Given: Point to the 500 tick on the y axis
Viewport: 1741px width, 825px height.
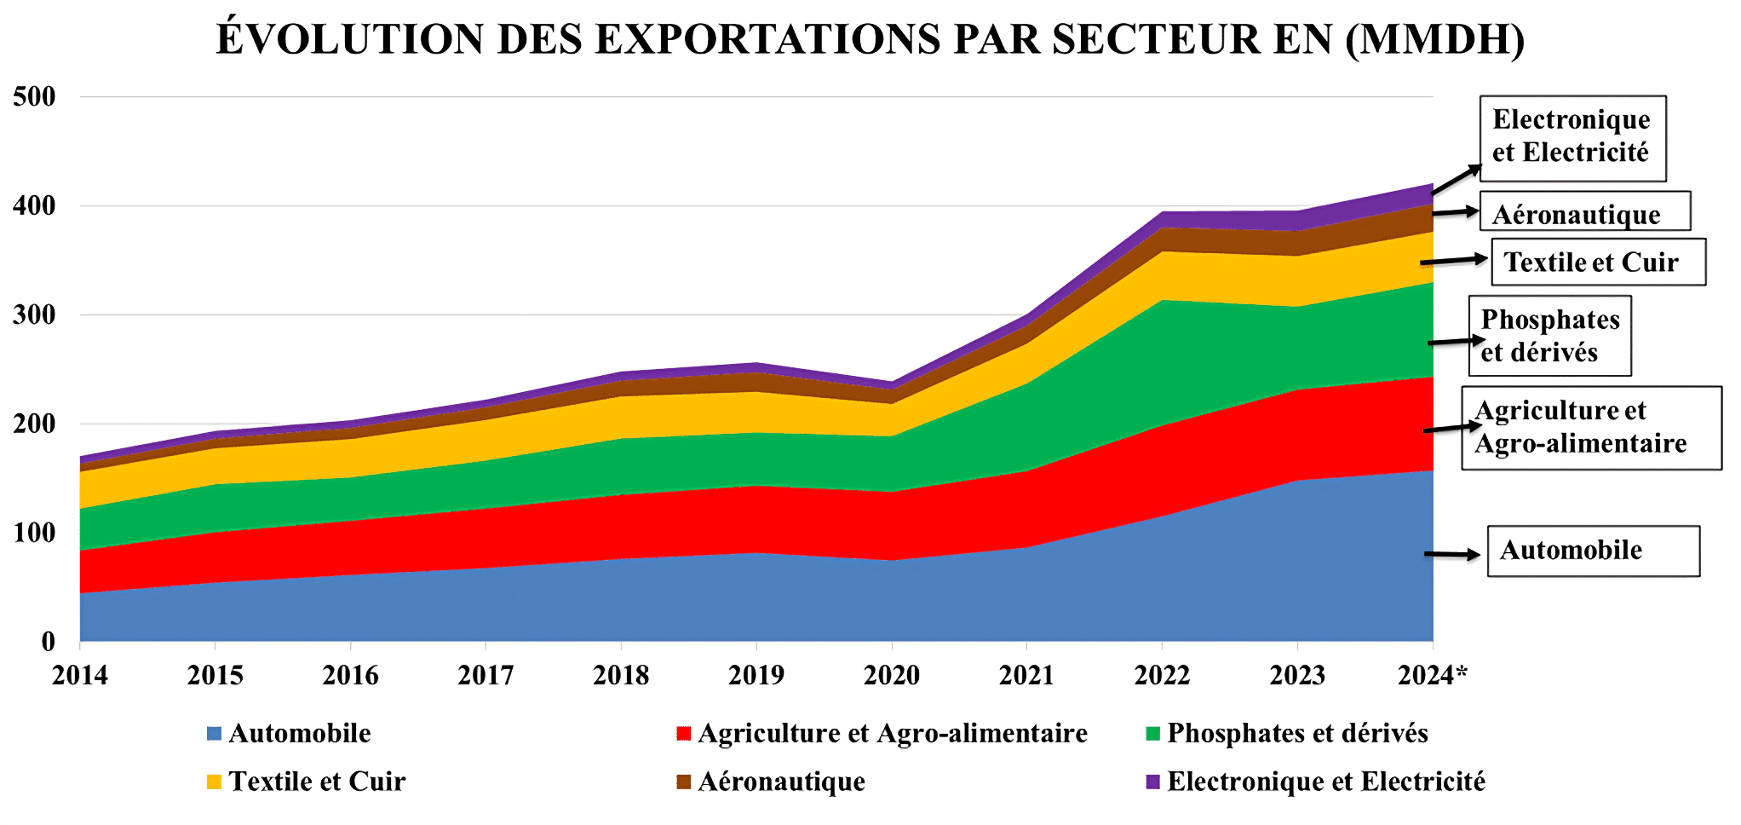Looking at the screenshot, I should (x=35, y=96).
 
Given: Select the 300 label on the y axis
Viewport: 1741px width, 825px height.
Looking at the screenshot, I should (x=35, y=314).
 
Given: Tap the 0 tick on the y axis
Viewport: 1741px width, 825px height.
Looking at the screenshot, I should (x=49, y=641).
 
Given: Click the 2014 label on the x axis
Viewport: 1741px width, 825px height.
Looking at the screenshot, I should (x=80, y=675).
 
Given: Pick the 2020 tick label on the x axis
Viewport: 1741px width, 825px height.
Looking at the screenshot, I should (x=892, y=675).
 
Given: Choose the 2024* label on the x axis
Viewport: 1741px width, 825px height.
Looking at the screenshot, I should (x=1433, y=675).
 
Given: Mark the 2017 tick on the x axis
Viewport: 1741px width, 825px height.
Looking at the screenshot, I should (x=486, y=675).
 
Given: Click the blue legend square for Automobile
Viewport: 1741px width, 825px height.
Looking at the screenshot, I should (x=215, y=734).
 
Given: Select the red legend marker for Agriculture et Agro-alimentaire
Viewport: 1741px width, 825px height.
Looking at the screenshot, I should (x=683, y=734).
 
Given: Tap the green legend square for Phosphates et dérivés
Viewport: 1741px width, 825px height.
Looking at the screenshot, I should (x=1153, y=734).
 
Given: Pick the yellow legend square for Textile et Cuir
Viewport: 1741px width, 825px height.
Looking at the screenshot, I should (x=215, y=782).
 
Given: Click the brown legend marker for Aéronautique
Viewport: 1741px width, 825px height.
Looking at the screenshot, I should (x=683, y=782).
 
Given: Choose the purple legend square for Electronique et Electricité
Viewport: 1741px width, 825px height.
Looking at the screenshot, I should (x=1153, y=782).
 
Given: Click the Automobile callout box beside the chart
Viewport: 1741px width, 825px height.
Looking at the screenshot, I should (x=1593, y=551).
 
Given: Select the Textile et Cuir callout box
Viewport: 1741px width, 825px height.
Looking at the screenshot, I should (x=1598, y=262).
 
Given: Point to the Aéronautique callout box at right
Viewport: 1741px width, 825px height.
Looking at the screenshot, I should (x=1584, y=211).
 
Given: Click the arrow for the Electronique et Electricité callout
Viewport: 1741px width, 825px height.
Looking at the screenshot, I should (x=1457, y=180).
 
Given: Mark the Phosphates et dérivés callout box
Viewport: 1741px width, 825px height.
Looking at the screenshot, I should (x=1549, y=336).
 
